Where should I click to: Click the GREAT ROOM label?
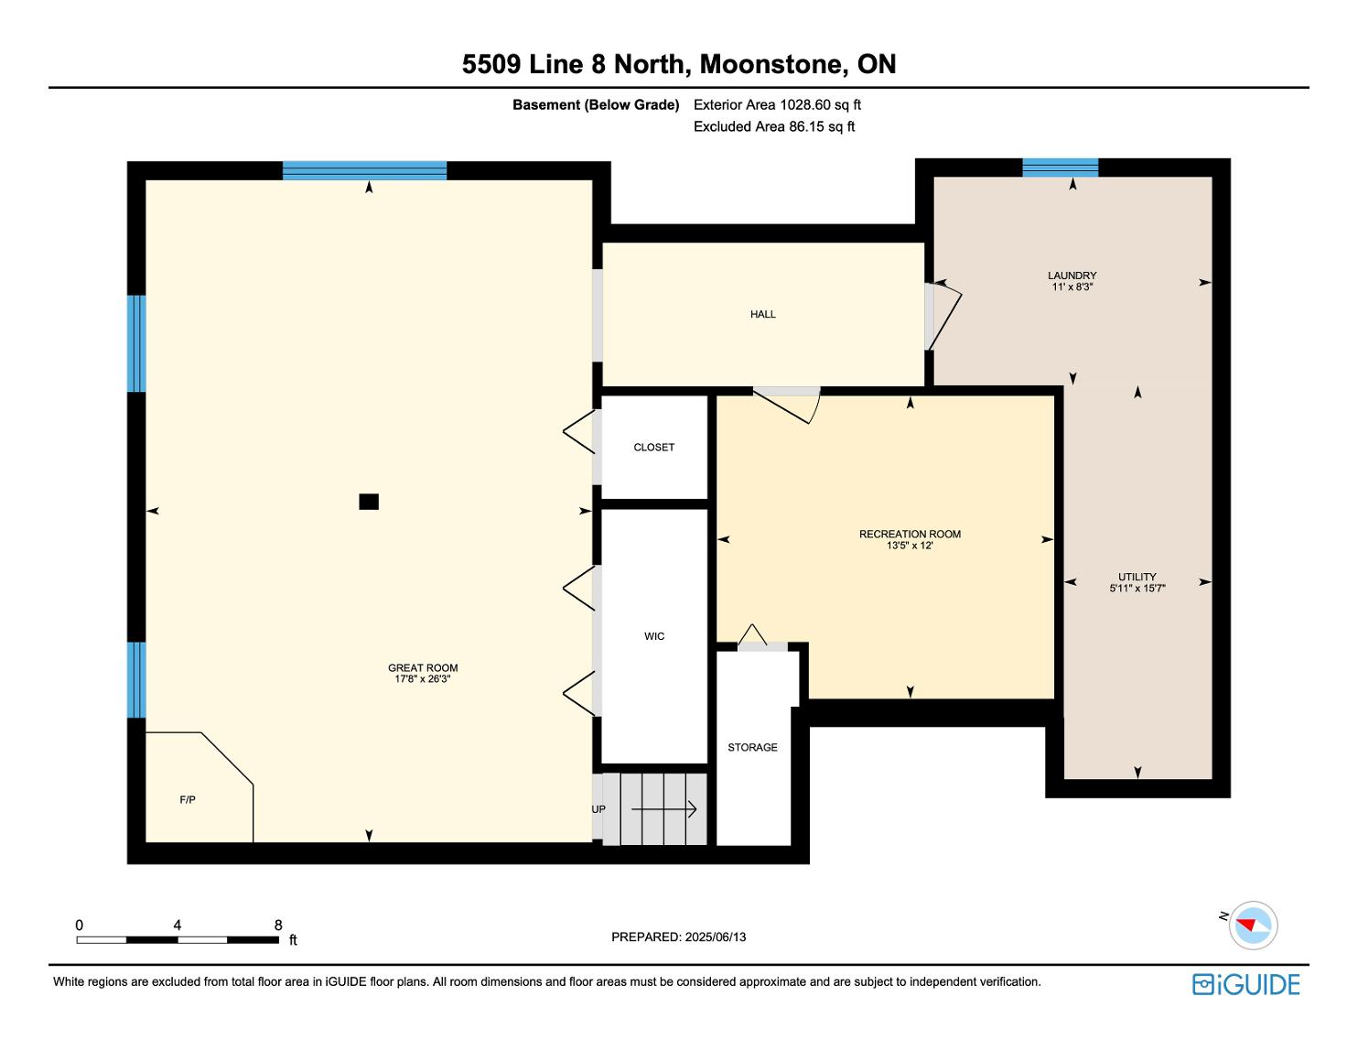tap(423, 667)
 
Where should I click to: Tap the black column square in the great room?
tap(369, 502)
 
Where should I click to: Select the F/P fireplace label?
tap(188, 799)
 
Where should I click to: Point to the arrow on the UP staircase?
tap(663, 809)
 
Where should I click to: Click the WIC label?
tap(654, 636)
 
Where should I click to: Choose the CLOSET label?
tap(654, 447)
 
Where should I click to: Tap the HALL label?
tap(763, 314)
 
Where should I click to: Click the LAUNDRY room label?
tap(1072, 275)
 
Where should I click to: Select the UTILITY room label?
tap(1137, 576)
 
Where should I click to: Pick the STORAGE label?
tap(752, 747)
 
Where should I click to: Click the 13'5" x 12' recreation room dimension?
tap(910, 546)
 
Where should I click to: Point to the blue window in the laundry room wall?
tap(1061, 168)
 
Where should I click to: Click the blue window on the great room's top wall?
tap(364, 170)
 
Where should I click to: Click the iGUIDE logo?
tap(1246, 984)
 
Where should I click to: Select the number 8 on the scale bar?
tap(278, 925)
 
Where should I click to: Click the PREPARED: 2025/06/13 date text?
tap(679, 936)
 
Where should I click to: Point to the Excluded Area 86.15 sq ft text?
tap(774, 126)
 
